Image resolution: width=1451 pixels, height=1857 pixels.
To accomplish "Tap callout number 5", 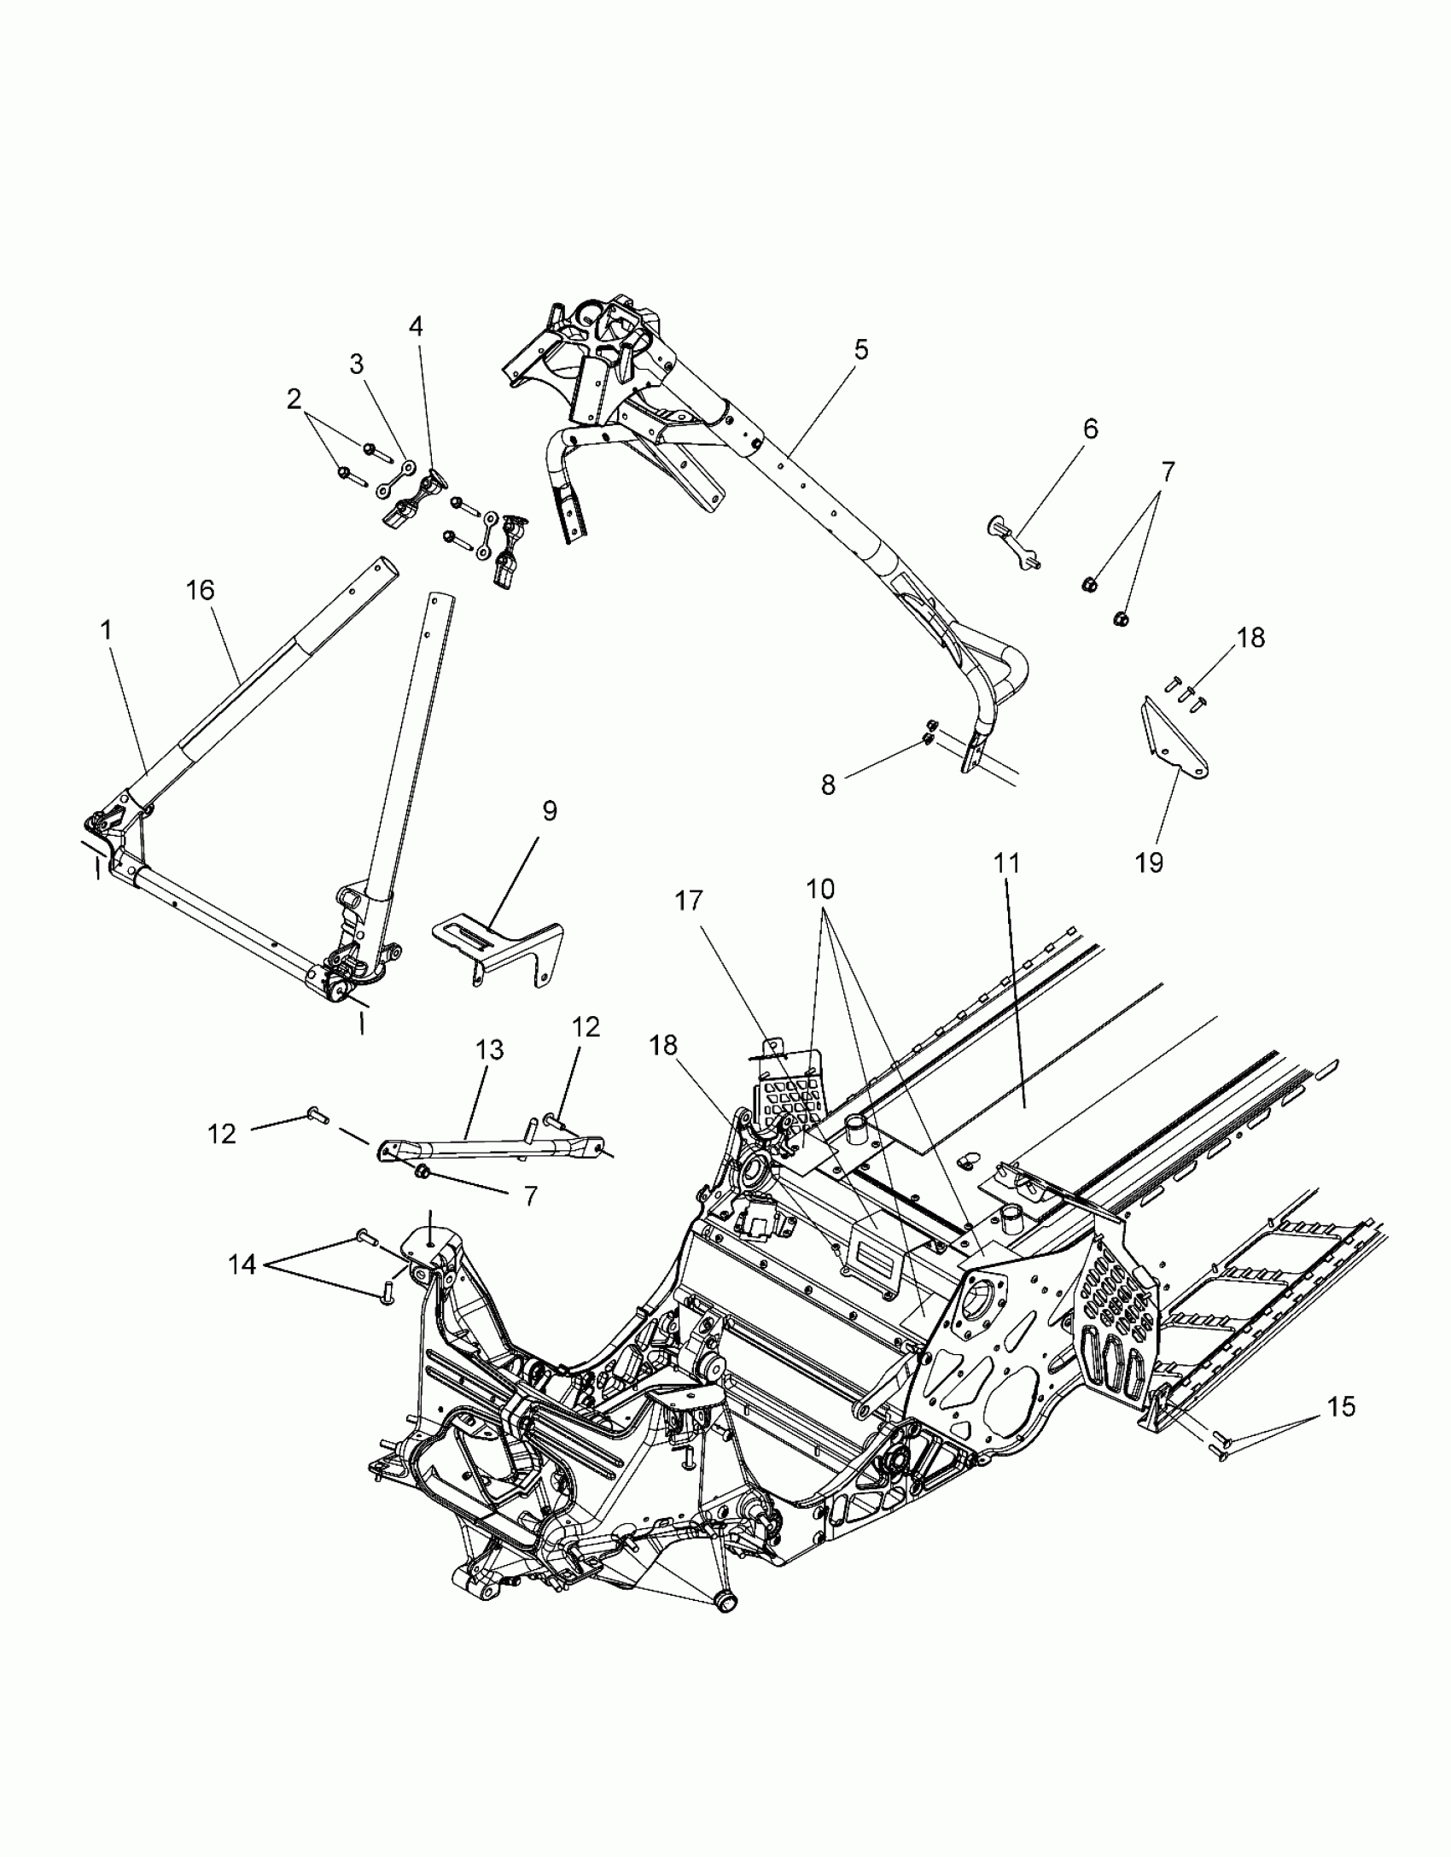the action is click(860, 349).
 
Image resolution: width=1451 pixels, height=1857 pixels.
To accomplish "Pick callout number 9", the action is click(549, 811).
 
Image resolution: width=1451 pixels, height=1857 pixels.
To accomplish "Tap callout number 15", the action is click(1342, 1406).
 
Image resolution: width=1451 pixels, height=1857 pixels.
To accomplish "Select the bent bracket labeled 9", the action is click(499, 948).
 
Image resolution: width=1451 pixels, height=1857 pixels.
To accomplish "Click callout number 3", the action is click(356, 365).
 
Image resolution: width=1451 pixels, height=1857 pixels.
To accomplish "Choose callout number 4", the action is click(416, 326).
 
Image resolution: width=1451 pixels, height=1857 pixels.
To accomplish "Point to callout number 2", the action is click(294, 399).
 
